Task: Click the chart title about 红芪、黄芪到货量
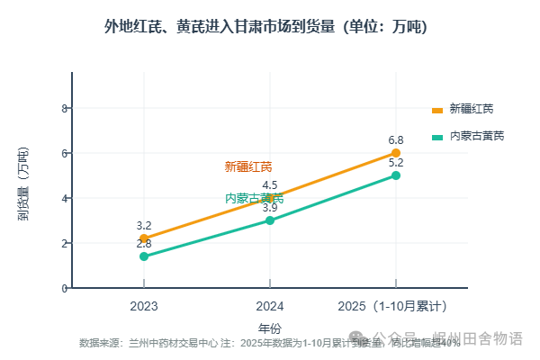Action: tap(266, 27)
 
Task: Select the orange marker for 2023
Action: tap(144, 238)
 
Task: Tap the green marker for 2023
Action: tap(144, 256)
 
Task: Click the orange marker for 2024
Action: tap(270, 198)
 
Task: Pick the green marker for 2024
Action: tap(270, 220)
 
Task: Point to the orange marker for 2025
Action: tap(396, 153)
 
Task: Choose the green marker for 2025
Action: tap(396, 175)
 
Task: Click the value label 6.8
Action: tap(396, 140)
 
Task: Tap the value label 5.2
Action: tap(396, 163)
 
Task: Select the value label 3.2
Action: tap(144, 226)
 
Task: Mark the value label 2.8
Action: tap(144, 244)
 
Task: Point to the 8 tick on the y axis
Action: tap(64, 108)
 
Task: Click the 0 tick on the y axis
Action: tap(64, 288)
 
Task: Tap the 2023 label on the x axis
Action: tap(144, 307)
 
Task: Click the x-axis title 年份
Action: tap(270, 328)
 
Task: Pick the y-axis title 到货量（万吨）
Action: tap(23, 184)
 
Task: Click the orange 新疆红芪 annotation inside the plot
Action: tap(248, 166)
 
